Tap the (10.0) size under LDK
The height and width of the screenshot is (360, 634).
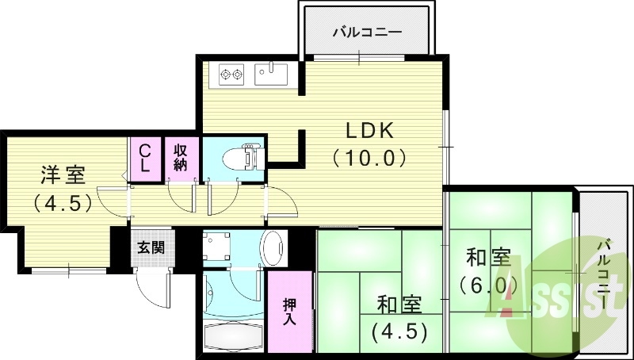click(x=369, y=158)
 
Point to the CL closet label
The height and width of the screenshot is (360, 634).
click(x=146, y=159)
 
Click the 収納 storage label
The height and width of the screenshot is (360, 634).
click(x=181, y=159)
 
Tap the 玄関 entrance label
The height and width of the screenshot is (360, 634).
click(x=151, y=247)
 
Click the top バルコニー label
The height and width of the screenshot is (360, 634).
click(x=367, y=33)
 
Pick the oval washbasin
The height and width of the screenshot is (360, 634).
click(x=273, y=248)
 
